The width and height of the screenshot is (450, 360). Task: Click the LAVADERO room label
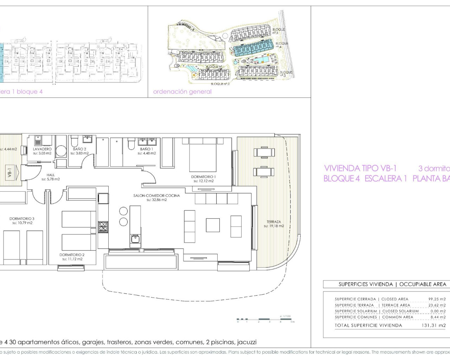[42, 149]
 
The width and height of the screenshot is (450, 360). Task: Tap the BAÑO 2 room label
[79, 149]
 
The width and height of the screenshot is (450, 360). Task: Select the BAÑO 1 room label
[147, 149]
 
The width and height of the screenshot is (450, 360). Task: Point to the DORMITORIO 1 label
[203, 177]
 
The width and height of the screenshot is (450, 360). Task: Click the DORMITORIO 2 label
[72, 255]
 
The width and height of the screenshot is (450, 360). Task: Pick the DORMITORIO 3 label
[22, 219]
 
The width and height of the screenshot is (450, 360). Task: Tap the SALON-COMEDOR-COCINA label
[156, 195]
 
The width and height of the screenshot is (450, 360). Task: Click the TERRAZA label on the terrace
[274, 222]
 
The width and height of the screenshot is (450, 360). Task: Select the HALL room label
[51, 175]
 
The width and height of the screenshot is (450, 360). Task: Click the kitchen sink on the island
[135, 239]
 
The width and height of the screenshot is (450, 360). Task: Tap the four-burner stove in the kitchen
[103, 227]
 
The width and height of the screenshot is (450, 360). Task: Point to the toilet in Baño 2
[75, 142]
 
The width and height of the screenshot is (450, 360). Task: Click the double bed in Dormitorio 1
[203, 155]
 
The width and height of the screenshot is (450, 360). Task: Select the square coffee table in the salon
[213, 225]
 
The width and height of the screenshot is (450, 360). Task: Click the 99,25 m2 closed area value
[437, 299]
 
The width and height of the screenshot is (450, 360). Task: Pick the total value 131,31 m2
[433, 326]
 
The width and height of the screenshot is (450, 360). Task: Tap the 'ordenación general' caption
[182, 92]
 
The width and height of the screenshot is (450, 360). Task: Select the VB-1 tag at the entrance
[10, 173]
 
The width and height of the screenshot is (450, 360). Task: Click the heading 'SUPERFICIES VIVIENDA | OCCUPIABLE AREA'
[392, 284]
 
